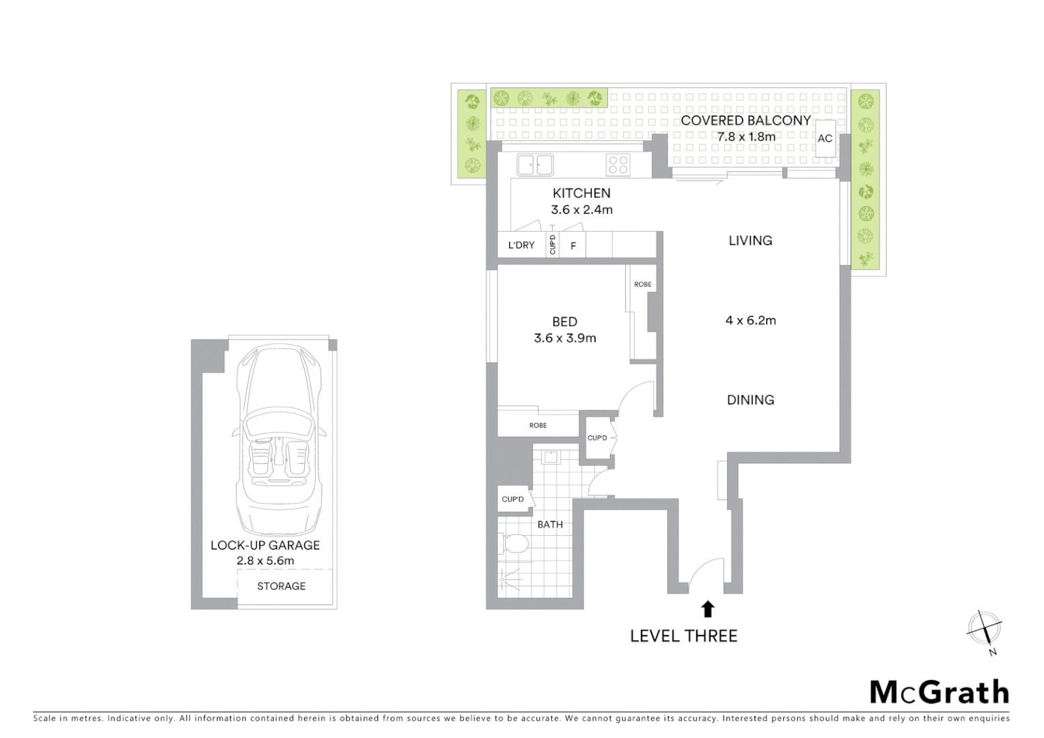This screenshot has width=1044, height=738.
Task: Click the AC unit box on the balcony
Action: [825, 139]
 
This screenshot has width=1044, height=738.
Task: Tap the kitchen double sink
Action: [535, 165]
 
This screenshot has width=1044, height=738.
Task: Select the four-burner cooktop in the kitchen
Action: [618, 165]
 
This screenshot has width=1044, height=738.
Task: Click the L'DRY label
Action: [521, 245]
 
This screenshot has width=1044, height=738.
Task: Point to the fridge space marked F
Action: [573, 246]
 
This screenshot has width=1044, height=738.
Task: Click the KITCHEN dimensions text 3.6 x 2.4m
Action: [581, 210]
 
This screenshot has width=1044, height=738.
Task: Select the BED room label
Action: [564, 321]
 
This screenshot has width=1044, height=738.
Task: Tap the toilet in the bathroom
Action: [515, 545]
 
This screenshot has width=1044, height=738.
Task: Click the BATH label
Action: [550, 524]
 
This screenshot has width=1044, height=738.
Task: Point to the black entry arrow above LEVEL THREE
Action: [708, 608]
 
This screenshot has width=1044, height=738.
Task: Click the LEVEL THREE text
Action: [683, 636]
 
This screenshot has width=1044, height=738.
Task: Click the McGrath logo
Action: [939, 692]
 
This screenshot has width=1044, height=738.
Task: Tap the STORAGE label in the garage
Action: [281, 586]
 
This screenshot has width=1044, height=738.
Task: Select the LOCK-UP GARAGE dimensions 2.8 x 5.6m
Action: [265, 561]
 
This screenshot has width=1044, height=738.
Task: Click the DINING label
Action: [750, 400]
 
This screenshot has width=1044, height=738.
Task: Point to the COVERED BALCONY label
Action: [745, 120]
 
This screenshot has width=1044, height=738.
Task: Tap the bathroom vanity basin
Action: [550, 456]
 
